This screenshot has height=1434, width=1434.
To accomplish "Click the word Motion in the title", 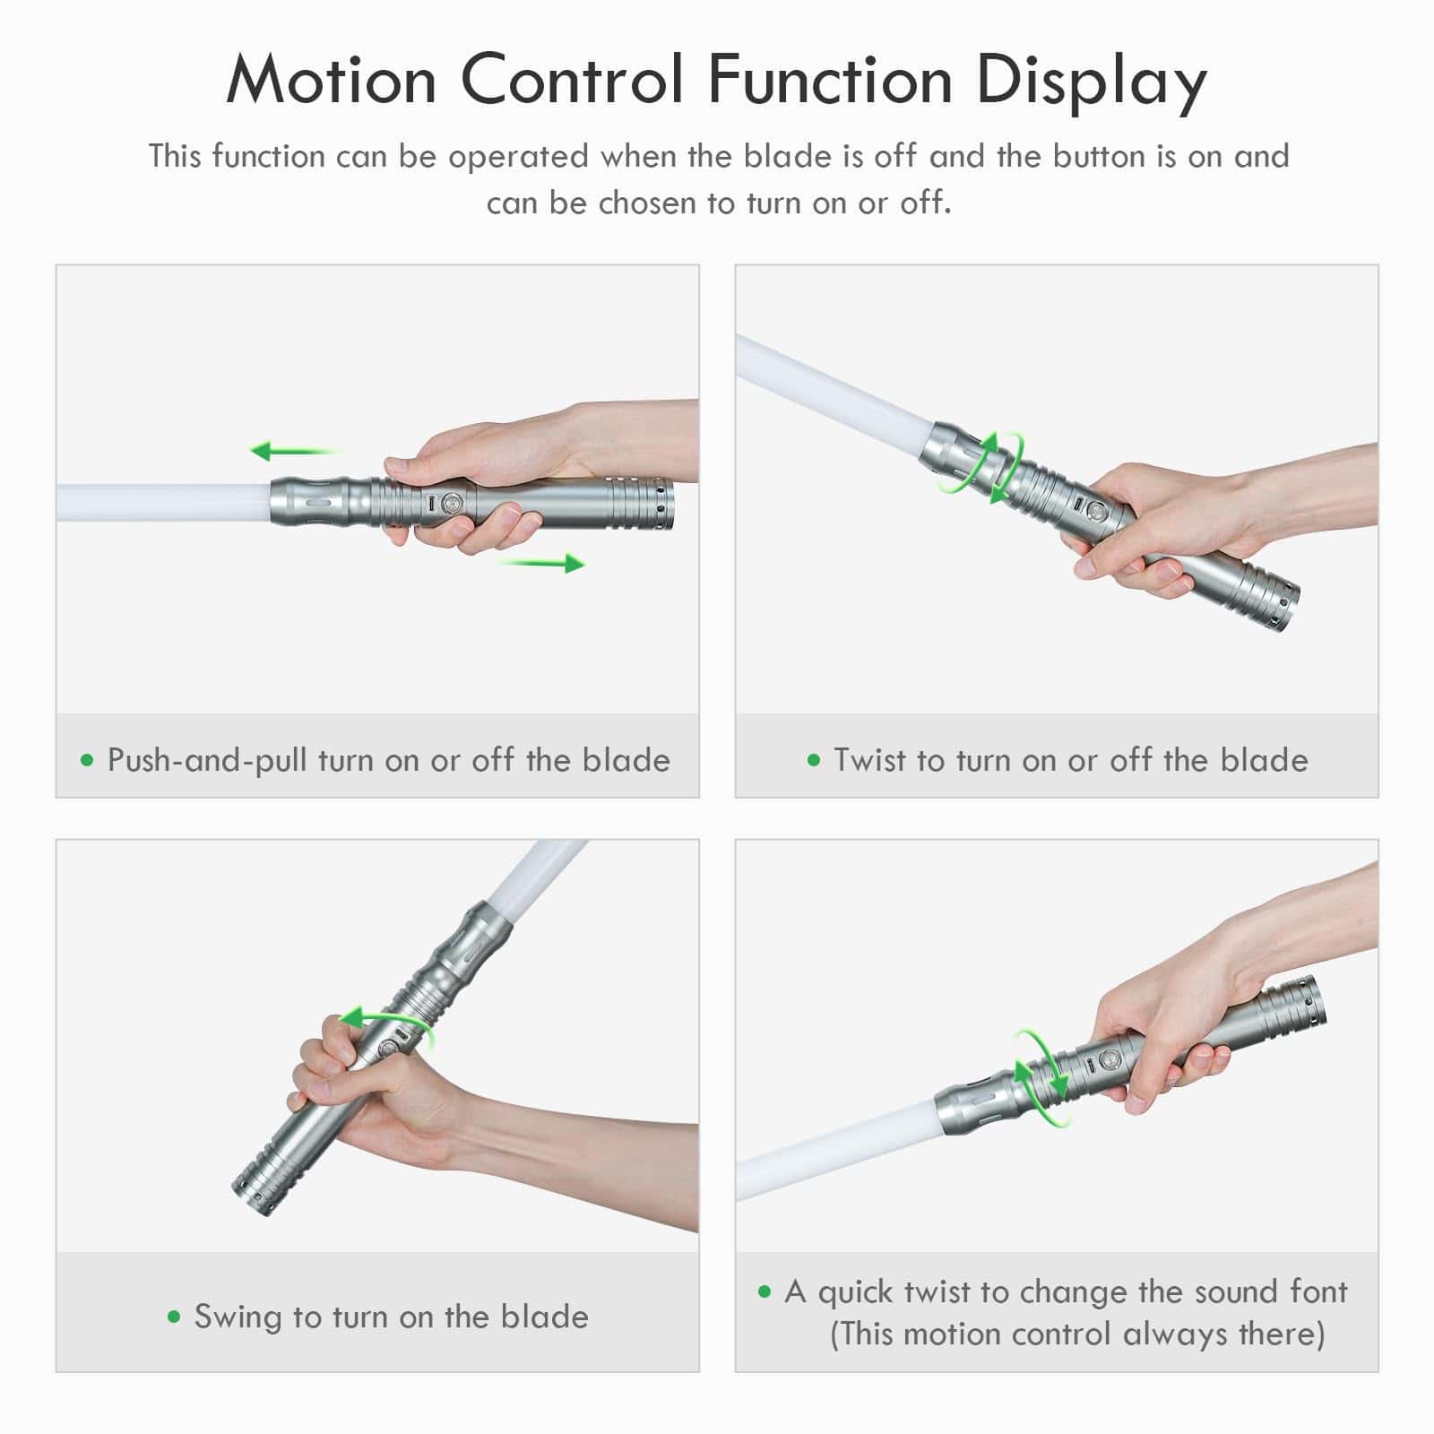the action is click(331, 80).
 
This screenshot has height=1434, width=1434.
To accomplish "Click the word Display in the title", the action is click(1091, 83).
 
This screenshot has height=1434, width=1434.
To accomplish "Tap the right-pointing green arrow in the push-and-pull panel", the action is click(541, 563).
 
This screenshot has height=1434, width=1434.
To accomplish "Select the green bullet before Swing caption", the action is click(174, 1317).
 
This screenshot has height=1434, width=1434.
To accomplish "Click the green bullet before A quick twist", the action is click(765, 1291).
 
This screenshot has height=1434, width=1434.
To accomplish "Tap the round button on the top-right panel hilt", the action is click(1096, 512).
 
